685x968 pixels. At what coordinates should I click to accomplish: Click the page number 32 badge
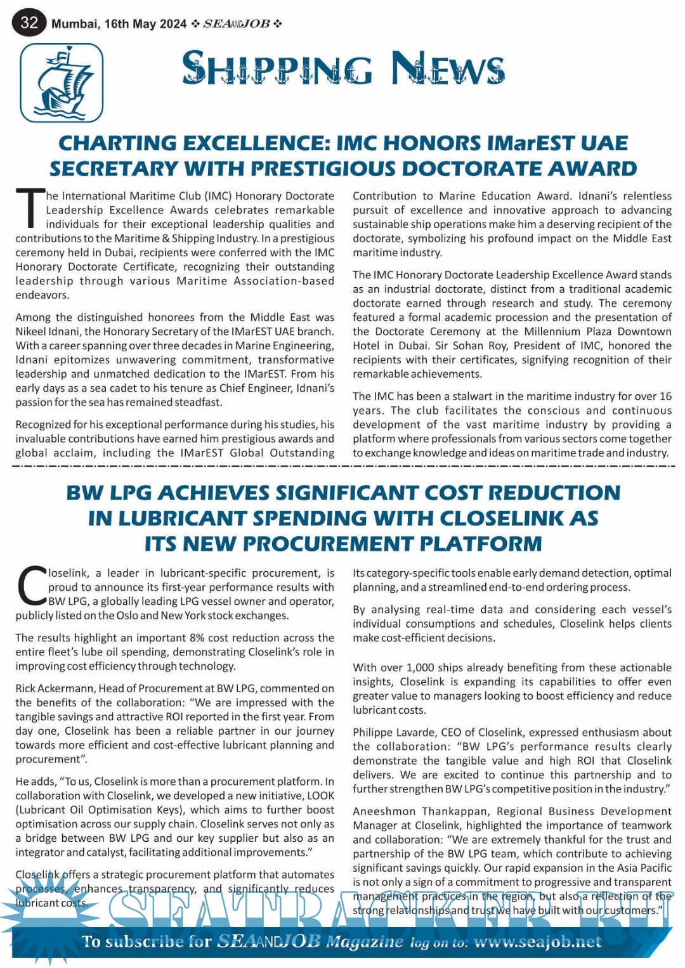pos(29,23)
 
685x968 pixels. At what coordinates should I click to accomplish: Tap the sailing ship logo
pos(62,83)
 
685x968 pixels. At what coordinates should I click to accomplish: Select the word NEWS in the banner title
pos(448,68)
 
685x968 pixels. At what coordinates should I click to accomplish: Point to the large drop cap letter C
pos(31,586)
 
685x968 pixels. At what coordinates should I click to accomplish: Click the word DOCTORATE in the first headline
pos(462,169)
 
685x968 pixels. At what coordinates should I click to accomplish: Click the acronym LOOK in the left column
pos(321,796)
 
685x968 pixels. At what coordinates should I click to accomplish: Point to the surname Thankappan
pos(455,811)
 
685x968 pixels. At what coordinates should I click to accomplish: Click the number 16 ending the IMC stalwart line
pos(665,396)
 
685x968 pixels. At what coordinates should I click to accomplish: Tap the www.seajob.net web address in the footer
pos(537,942)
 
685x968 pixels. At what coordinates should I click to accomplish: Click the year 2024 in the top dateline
pos(173,24)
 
